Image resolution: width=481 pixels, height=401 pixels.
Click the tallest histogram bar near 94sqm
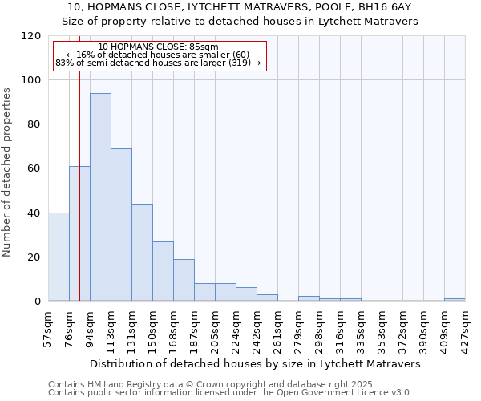click(100, 197)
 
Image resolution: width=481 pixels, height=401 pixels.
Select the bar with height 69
click(121, 225)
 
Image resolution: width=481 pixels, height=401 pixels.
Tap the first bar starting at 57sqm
click(59, 257)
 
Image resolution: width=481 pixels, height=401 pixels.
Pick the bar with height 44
click(142, 253)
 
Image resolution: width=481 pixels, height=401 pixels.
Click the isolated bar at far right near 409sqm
click(455, 300)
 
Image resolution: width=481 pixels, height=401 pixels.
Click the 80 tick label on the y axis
click(35, 124)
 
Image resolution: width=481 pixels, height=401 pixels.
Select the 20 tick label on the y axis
click(35, 257)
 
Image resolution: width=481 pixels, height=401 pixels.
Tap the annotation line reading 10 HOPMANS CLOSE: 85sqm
click(159, 47)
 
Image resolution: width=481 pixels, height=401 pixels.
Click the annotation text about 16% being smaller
click(159, 55)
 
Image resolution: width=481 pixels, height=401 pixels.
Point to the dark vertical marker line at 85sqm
click(79, 200)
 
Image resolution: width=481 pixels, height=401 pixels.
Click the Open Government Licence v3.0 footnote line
click(230, 393)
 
